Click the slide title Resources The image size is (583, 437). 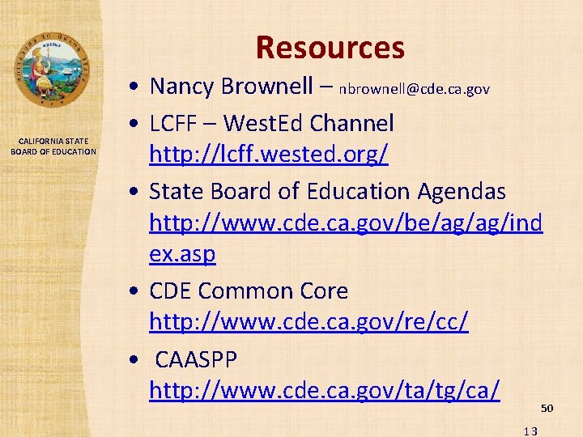point(330,48)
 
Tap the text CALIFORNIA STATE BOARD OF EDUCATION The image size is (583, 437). point(53,146)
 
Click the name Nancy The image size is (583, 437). point(181,86)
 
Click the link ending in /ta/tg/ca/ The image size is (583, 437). point(324,391)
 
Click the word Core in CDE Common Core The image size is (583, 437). point(321,291)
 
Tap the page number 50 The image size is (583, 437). point(547,408)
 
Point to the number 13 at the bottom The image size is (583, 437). point(530,431)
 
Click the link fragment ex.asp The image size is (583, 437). point(182,254)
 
